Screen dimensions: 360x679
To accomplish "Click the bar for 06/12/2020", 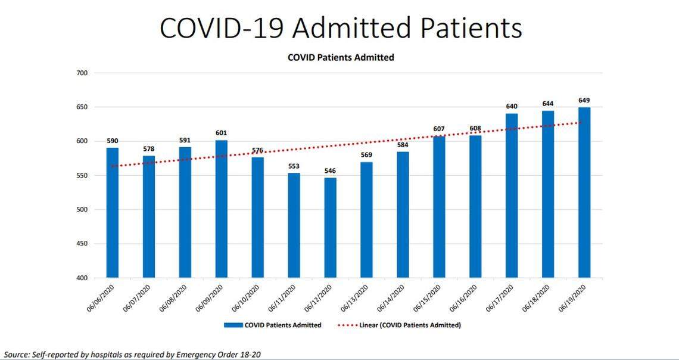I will (x=330, y=228).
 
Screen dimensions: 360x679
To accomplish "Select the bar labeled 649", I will (x=584, y=193).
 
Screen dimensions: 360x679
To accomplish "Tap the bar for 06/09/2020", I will (x=221, y=209).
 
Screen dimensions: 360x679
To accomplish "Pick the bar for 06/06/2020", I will (x=113, y=213).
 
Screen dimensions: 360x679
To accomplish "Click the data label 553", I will (x=294, y=165).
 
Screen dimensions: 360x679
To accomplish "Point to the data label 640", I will (x=512, y=106).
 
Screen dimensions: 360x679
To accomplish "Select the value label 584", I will (x=403, y=144).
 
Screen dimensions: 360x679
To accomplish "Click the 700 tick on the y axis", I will (x=82, y=73).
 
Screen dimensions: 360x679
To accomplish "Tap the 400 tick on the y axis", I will (x=82, y=278).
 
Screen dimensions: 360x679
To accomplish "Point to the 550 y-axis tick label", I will (x=82, y=176).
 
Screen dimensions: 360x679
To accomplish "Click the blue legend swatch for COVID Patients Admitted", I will (x=242, y=325).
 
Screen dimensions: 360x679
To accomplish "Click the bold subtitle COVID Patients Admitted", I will (x=341, y=58).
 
